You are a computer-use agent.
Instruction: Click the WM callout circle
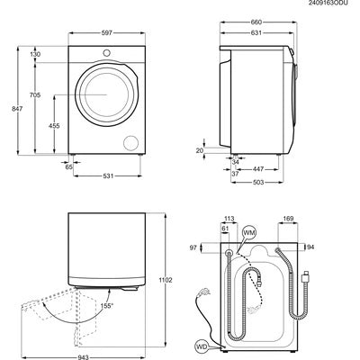[249, 234]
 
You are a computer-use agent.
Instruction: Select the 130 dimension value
[35, 54]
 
